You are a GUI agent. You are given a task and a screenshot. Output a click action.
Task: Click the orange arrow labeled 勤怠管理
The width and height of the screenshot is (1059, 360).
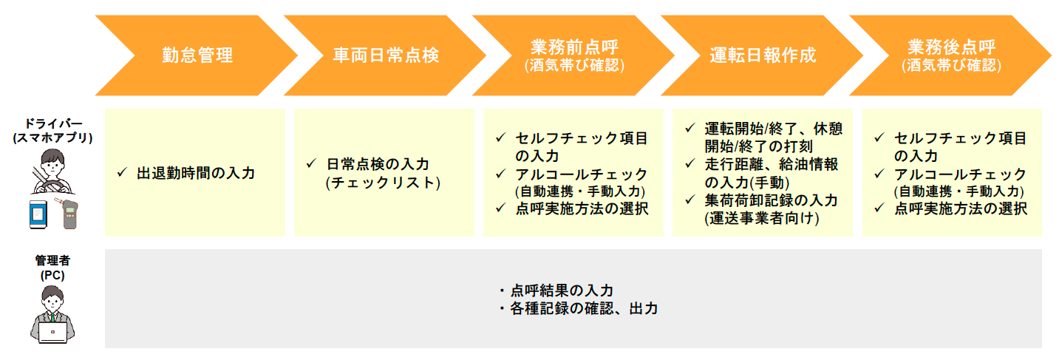197,55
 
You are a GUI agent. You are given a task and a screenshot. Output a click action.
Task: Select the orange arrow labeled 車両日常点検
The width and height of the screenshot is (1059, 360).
385,55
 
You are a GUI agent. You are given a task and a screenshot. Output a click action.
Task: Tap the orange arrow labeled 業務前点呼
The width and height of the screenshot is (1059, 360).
574,55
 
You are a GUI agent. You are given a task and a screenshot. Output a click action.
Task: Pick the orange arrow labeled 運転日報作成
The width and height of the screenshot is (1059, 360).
763,55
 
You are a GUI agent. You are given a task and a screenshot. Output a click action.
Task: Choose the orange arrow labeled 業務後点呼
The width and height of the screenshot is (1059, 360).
951,55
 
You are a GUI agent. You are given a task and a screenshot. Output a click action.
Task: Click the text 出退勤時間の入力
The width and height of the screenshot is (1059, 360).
196,173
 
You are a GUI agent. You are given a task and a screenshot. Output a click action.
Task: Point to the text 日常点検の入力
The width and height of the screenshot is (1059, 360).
378,164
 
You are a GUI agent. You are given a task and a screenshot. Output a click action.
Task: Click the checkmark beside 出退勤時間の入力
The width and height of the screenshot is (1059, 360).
122,172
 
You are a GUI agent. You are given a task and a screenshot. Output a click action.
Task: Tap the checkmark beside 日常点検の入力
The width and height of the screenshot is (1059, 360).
311,163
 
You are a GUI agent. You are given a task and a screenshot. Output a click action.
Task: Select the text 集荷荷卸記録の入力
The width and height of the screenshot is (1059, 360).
771,200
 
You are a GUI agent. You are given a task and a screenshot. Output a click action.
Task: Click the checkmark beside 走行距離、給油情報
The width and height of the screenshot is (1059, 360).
690,163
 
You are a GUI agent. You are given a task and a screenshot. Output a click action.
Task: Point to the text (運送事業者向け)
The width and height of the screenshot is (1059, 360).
762,218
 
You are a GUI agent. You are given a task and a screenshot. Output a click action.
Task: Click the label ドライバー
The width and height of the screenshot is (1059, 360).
53,123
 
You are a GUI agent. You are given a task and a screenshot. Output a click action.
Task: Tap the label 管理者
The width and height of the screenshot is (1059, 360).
52,260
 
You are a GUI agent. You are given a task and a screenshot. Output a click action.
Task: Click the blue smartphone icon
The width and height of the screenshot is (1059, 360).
38,215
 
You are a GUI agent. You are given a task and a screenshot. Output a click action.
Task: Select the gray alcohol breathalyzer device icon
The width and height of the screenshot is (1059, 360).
67,214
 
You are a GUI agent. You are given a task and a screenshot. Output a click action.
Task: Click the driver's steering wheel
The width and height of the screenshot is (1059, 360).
53,188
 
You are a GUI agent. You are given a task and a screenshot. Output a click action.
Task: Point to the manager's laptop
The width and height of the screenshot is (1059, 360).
52,332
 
